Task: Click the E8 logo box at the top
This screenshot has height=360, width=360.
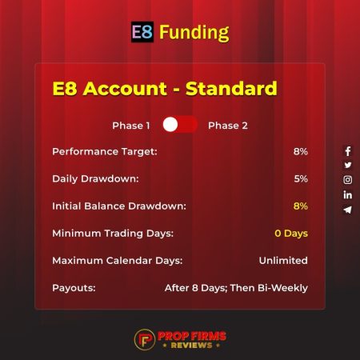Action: click(x=142, y=32)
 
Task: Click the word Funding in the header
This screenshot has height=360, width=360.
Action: click(x=194, y=33)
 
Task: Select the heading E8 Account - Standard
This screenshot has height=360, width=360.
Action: click(x=164, y=87)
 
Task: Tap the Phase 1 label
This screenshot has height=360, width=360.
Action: click(x=131, y=125)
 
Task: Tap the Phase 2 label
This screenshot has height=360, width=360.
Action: click(x=226, y=125)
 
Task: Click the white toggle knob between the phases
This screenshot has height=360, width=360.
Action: click(x=170, y=125)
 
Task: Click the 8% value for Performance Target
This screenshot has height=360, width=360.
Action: click(x=300, y=151)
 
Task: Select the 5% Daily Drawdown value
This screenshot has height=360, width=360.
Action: click(x=300, y=178)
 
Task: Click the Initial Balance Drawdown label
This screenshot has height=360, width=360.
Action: click(x=118, y=206)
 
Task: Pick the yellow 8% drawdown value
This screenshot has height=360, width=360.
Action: click(x=300, y=206)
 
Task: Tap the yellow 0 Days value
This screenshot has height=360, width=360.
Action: click(x=290, y=234)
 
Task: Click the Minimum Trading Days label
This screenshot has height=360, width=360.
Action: click(x=113, y=234)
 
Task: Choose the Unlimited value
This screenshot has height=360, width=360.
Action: click(x=283, y=261)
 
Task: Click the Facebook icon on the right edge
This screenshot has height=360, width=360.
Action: click(x=347, y=151)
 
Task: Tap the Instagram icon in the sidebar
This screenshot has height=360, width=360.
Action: click(x=347, y=180)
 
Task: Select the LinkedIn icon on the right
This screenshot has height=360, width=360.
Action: click(x=347, y=194)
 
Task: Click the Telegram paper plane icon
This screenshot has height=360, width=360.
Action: click(x=347, y=210)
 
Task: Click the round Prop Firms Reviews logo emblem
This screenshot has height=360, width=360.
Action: click(x=145, y=338)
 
